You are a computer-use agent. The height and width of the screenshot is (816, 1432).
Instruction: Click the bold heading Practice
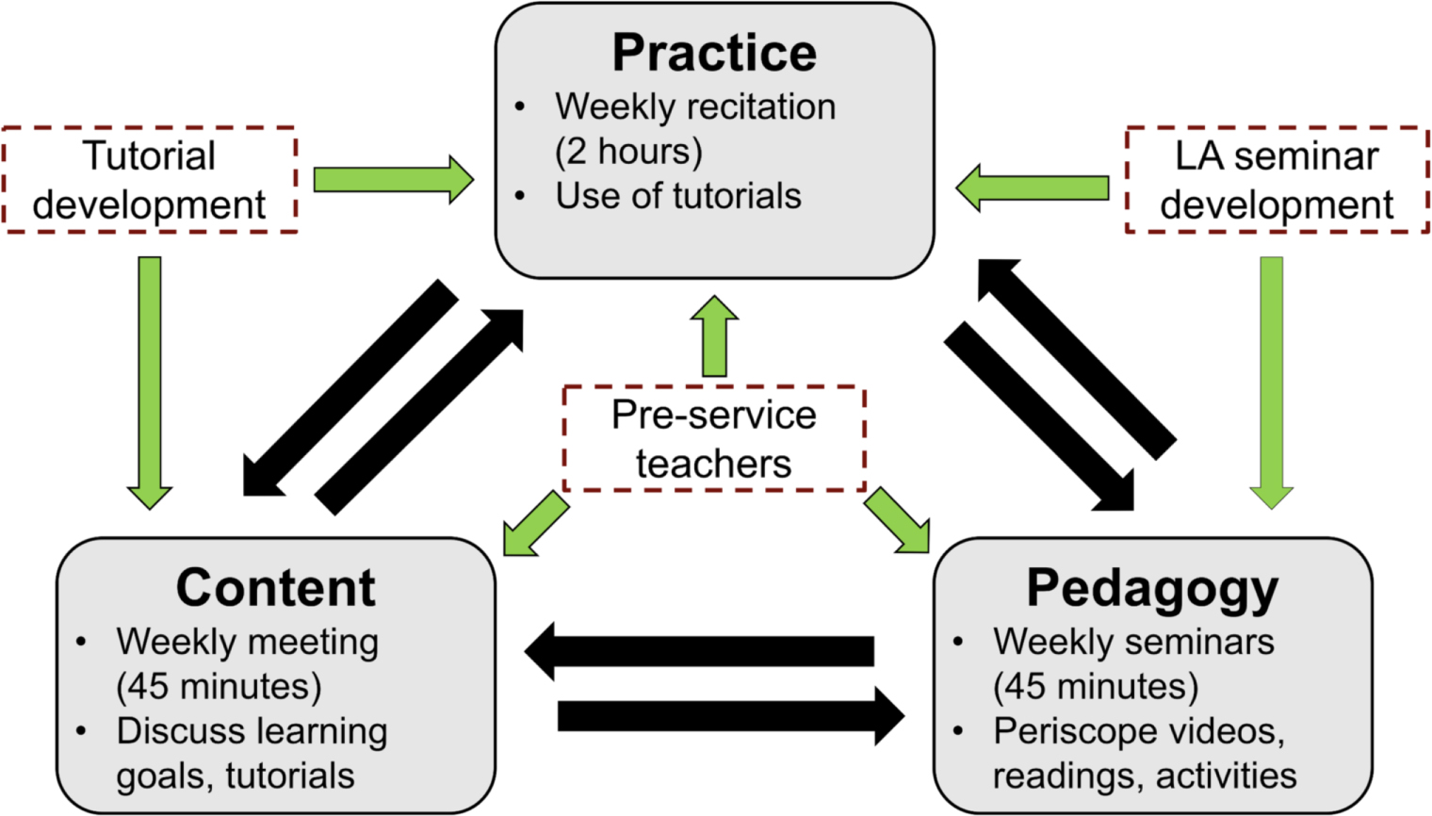click(x=714, y=53)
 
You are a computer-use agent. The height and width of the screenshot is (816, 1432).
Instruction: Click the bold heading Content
click(x=275, y=588)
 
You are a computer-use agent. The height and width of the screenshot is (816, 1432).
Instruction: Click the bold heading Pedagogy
click(x=1152, y=588)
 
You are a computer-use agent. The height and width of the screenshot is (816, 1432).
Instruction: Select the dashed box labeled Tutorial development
click(x=150, y=179)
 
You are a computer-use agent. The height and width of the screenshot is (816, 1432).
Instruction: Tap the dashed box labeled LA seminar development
click(x=1277, y=179)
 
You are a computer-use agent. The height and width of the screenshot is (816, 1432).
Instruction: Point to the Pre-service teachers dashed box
click(x=713, y=438)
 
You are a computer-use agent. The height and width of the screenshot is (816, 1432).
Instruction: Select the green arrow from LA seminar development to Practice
click(x=1033, y=188)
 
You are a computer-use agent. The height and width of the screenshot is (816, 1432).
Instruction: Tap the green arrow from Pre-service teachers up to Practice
click(x=714, y=336)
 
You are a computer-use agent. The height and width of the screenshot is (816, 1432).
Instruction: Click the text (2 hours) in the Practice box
click(x=628, y=151)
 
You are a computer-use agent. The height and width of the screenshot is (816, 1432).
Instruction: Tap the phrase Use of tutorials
click(x=677, y=196)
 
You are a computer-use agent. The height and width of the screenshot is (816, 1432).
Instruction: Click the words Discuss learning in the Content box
click(x=252, y=731)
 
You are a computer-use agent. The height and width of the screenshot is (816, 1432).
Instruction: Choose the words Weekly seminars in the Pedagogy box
click(x=1133, y=642)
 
